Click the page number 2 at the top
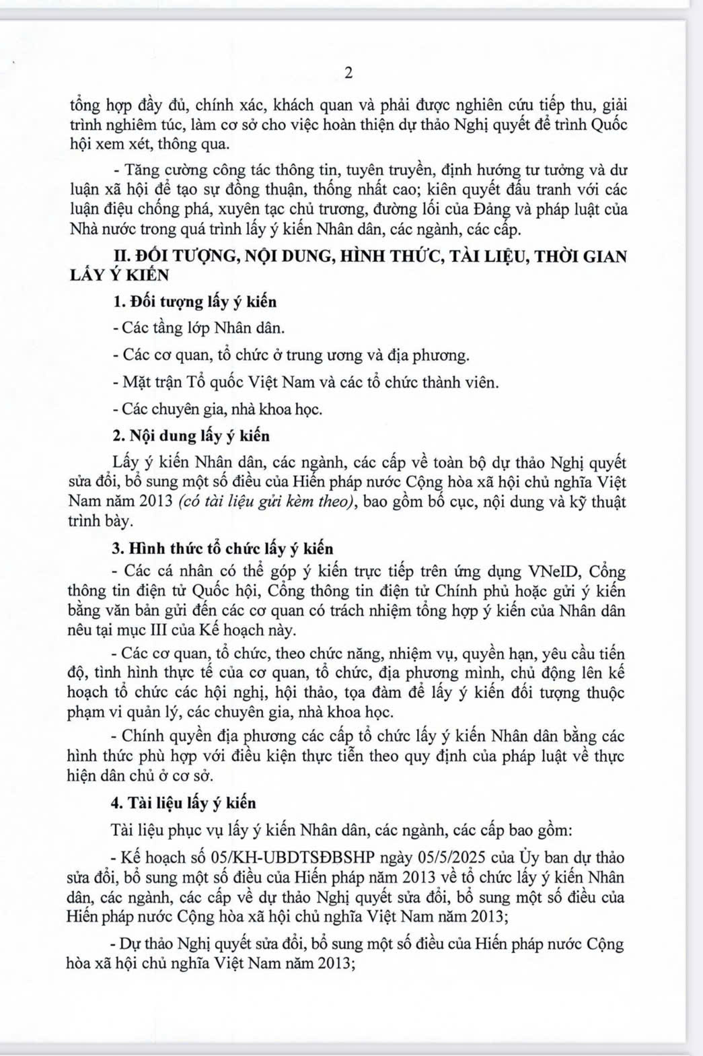348,73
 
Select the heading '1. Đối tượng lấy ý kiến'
196,302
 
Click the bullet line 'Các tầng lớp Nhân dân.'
199,328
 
